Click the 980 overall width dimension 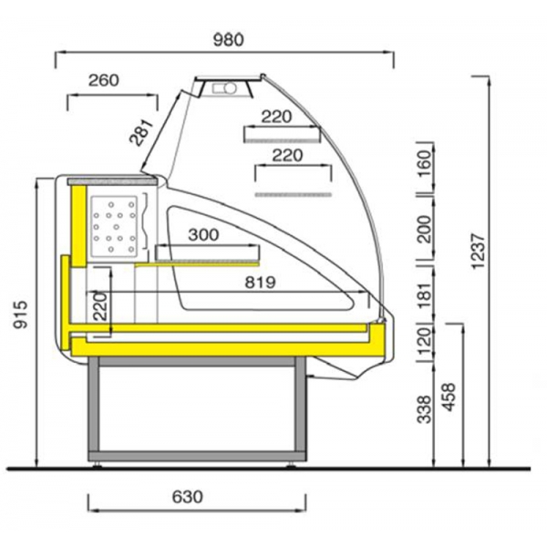[228, 40]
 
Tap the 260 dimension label [104, 80]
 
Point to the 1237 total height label [479, 252]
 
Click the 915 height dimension [20, 315]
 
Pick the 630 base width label [187, 497]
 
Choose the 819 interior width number [260, 283]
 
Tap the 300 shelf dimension [203, 235]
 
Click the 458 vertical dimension [449, 397]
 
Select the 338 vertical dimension [424, 409]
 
